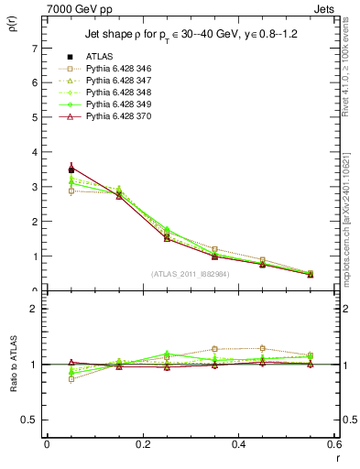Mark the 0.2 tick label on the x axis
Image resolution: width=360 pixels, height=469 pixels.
pos(142,444)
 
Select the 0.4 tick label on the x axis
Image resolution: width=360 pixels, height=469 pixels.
pos(238,444)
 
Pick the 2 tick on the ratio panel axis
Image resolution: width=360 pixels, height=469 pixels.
pos(34,310)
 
